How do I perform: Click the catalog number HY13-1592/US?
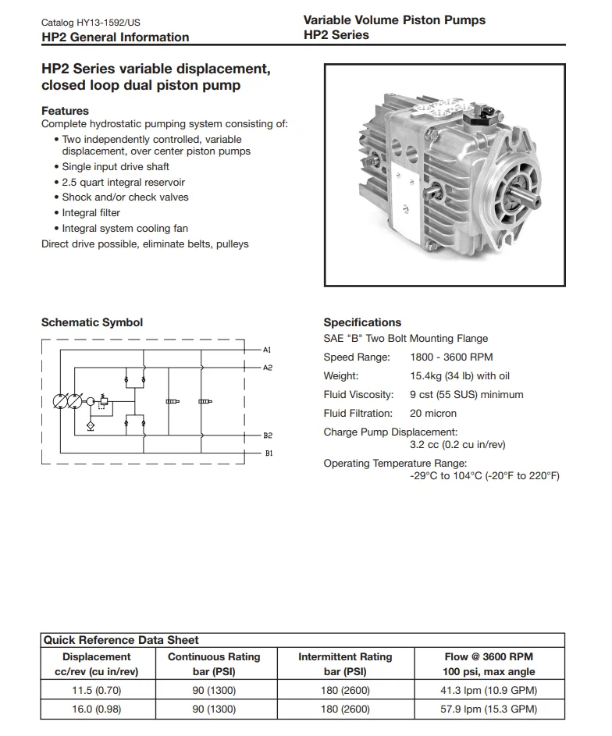point(112,23)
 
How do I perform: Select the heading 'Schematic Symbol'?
point(92,322)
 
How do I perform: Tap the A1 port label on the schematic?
point(267,349)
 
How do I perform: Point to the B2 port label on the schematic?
point(267,436)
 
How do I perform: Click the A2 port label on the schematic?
point(267,367)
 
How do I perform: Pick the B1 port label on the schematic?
point(267,453)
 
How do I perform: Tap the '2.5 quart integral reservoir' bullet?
point(123,182)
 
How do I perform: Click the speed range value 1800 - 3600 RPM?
point(451,357)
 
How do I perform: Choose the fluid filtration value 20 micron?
point(433,414)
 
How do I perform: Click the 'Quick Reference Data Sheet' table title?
point(121,640)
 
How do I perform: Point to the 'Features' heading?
point(65,111)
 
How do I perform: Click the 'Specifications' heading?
point(362,322)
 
